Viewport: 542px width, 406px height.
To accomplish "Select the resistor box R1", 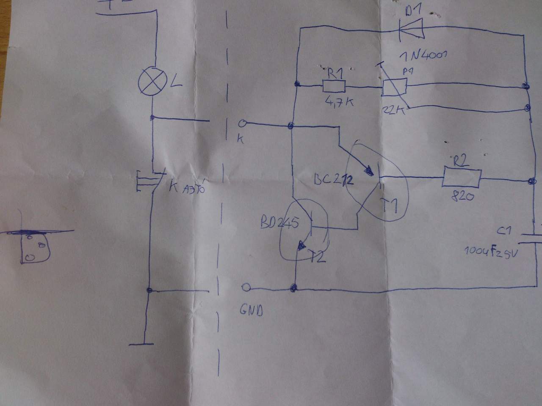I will pyautogui.click(x=334, y=87).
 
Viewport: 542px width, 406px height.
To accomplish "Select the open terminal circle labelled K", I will pyautogui.click(x=243, y=123).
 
